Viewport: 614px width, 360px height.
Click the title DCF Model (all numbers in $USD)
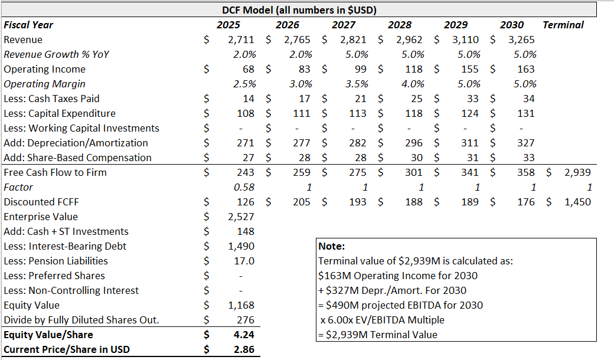[299, 10]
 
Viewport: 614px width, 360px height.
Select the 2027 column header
[344, 25]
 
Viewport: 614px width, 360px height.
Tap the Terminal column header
[563, 25]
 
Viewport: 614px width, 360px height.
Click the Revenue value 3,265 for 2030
[521, 40]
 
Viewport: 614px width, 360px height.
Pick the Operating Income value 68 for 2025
[248, 69]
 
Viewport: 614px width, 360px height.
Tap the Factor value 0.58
[244, 187]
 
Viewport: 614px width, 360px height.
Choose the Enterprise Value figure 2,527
[241, 217]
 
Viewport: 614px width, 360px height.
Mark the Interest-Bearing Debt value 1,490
[241, 246]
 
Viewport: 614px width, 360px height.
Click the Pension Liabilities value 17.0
[244, 261]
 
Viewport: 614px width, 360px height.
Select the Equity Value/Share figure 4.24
[244, 335]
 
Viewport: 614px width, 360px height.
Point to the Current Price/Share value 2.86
[244, 349]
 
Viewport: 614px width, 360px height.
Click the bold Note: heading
[331, 246]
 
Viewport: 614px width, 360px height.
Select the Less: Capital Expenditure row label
[60, 113]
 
